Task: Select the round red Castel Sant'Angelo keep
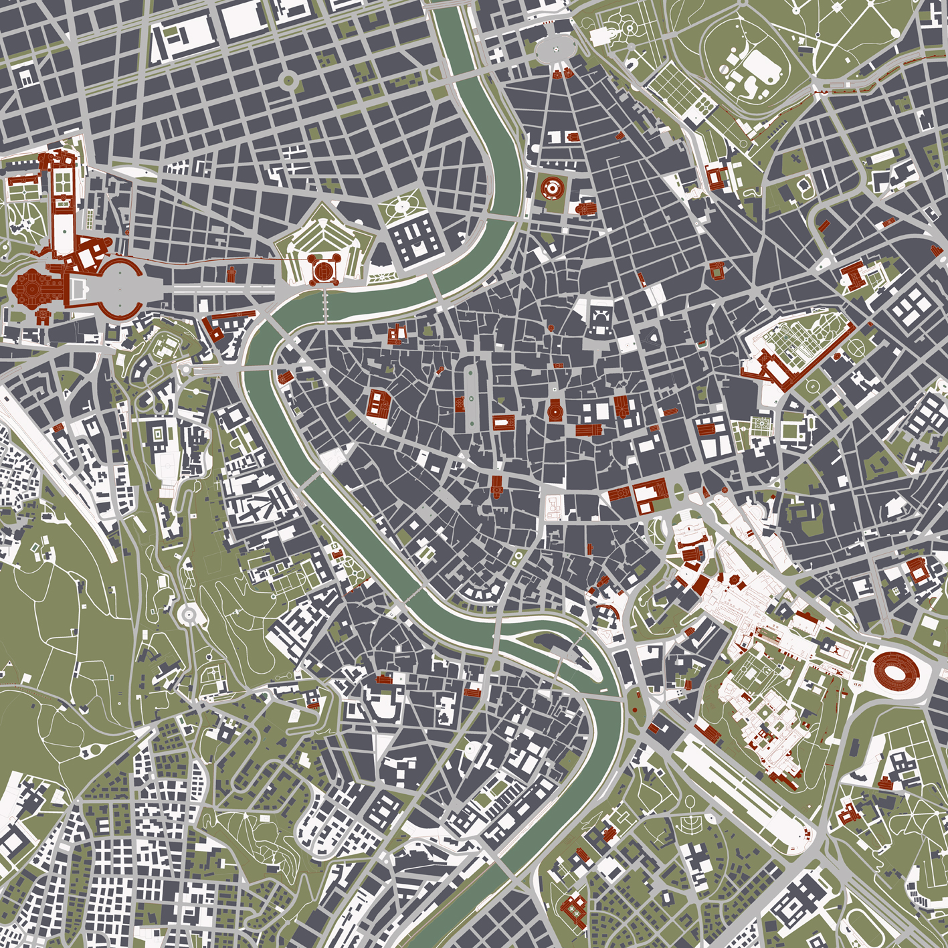(323, 271)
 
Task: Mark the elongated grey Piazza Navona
(473, 397)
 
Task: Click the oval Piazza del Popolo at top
(555, 48)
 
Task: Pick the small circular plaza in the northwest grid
(289, 81)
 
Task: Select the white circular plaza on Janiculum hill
(188, 612)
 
